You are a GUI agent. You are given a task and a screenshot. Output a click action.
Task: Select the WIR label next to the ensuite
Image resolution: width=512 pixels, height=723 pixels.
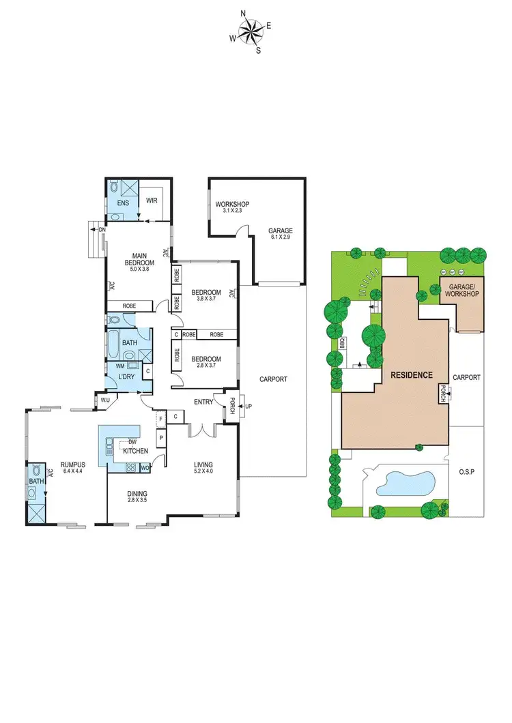pyautogui.click(x=151, y=201)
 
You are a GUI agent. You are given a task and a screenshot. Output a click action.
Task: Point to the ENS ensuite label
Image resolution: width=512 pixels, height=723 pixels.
pyautogui.click(x=123, y=203)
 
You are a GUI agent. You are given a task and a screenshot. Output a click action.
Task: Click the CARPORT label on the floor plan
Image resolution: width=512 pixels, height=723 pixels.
pyautogui.click(x=273, y=379)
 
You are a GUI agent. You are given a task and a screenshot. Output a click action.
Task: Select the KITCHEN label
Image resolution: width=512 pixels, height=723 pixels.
pyautogui.click(x=135, y=451)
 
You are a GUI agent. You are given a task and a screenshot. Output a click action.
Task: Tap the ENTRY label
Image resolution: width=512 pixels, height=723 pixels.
pyautogui.click(x=203, y=402)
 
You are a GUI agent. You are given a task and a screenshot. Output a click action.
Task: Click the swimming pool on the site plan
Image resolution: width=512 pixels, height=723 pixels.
pyautogui.click(x=406, y=483)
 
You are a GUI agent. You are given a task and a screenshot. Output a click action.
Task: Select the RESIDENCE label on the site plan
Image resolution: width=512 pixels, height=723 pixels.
pyautogui.click(x=411, y=375)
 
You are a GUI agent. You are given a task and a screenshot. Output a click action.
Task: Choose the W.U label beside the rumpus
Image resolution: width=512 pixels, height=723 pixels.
pyautogui.click(x=105, y=400)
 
